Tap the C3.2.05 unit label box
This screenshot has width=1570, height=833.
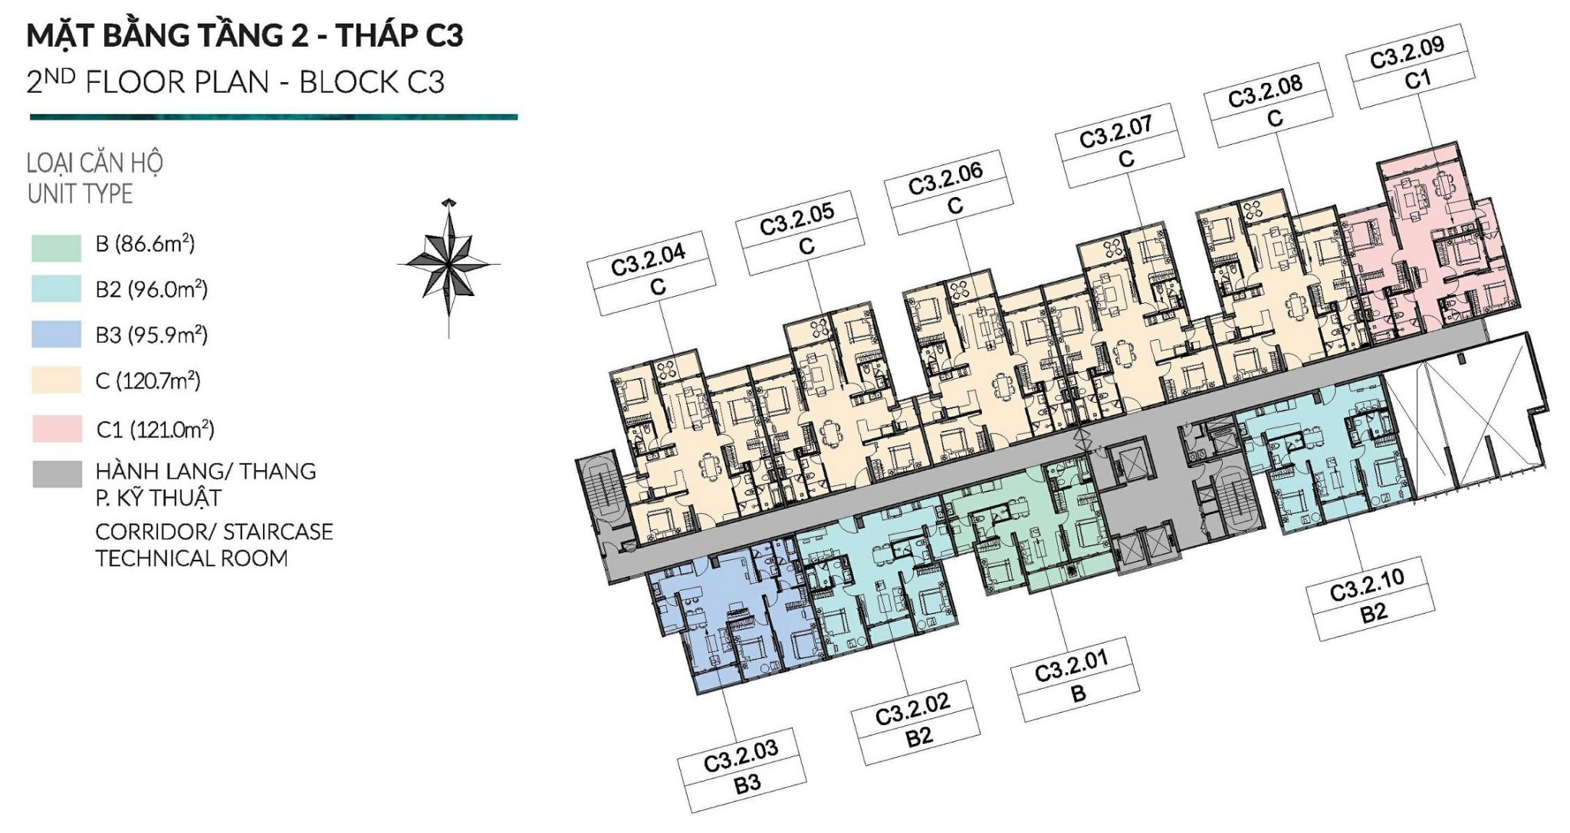pos(800,232)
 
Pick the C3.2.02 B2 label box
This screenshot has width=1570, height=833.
pos(916,723)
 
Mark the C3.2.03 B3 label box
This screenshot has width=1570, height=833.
pos(742,770)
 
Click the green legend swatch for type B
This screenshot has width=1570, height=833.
pos(56,247)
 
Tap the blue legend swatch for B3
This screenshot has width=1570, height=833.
pos(56,334)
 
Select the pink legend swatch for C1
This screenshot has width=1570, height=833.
pos(57,429)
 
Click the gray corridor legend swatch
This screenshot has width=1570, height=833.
pos(57,474)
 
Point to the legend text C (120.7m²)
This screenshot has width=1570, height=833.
pos(147,380)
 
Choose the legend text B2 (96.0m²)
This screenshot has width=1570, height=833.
pos(151,289)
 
